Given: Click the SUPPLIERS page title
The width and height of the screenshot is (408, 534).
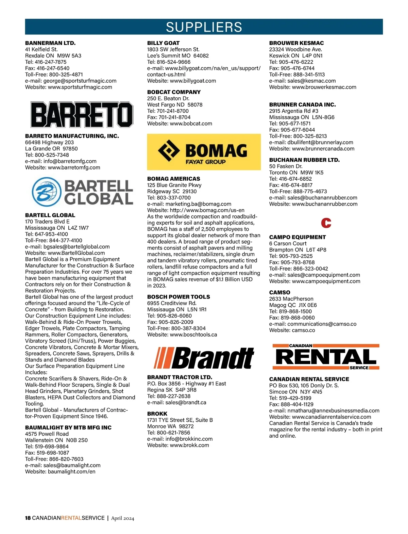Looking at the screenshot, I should [x=204, y=27].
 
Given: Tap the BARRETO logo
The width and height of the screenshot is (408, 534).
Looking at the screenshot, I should [x=82, y=115].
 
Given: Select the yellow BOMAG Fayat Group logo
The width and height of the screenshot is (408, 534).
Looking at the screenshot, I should [x=204, y=152].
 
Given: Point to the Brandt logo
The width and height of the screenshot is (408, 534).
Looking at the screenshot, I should [x=204, y=358].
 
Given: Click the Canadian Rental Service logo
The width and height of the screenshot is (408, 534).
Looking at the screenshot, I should [x=326, y=357].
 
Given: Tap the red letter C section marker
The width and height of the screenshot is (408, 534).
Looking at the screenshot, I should [x=326, y=223].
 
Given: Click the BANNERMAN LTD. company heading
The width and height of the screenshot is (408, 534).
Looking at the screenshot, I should [x=50, y=43].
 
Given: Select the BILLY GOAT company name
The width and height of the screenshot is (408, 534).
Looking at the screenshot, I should [x=163, y=43].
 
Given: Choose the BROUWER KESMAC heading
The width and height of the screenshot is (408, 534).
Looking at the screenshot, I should [x=296, y=43].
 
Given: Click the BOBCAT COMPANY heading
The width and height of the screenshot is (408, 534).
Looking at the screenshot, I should [x=174, y=92].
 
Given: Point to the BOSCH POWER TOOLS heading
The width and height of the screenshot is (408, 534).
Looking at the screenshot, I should [x=178, y=297].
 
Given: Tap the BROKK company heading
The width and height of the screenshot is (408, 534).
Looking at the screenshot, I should [x=157, y=414].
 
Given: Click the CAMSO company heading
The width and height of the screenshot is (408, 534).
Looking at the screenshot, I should [x=279, y=292].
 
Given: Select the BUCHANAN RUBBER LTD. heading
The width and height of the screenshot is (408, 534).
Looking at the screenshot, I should [x=304, y=160].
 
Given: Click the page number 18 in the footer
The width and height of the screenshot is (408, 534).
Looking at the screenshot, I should [x=28, y=518].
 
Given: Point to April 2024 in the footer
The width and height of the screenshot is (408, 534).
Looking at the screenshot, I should [x=122, y=518].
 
